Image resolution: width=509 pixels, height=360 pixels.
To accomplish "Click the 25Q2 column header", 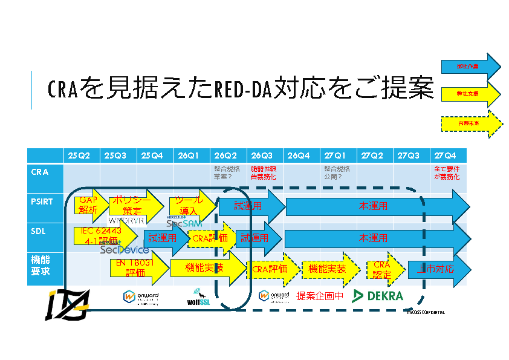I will [79, 155].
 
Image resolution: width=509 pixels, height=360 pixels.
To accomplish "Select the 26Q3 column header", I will [263, 155].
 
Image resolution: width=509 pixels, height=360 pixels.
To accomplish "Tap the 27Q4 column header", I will [447, 155].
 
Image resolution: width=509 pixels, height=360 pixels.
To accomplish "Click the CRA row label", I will [39, 172].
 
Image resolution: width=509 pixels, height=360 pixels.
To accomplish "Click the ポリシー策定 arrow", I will [135, 206].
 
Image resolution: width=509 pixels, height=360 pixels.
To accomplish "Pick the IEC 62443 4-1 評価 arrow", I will [103, 236].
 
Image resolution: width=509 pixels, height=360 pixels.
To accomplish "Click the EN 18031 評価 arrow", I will [137, 267].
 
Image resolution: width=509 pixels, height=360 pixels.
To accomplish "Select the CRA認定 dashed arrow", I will [383, 269].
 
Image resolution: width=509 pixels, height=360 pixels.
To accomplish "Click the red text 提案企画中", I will [320, 296].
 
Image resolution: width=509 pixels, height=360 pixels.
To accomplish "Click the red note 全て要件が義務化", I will [447, 173].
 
